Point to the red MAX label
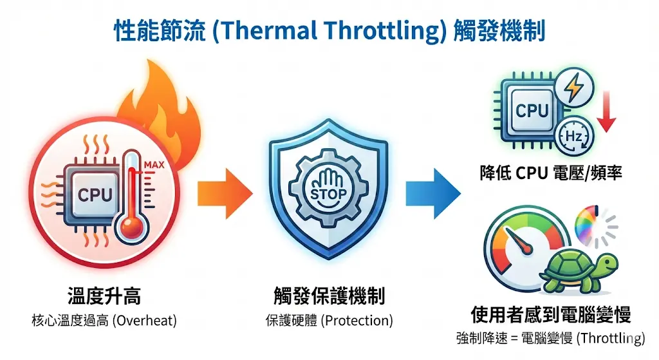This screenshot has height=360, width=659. coord(153,166)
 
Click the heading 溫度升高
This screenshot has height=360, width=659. coord(104,297)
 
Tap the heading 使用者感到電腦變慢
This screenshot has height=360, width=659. coord(550,314)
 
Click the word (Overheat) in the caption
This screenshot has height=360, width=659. coord(144,320)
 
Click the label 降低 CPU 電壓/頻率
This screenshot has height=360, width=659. coord(551,173)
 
